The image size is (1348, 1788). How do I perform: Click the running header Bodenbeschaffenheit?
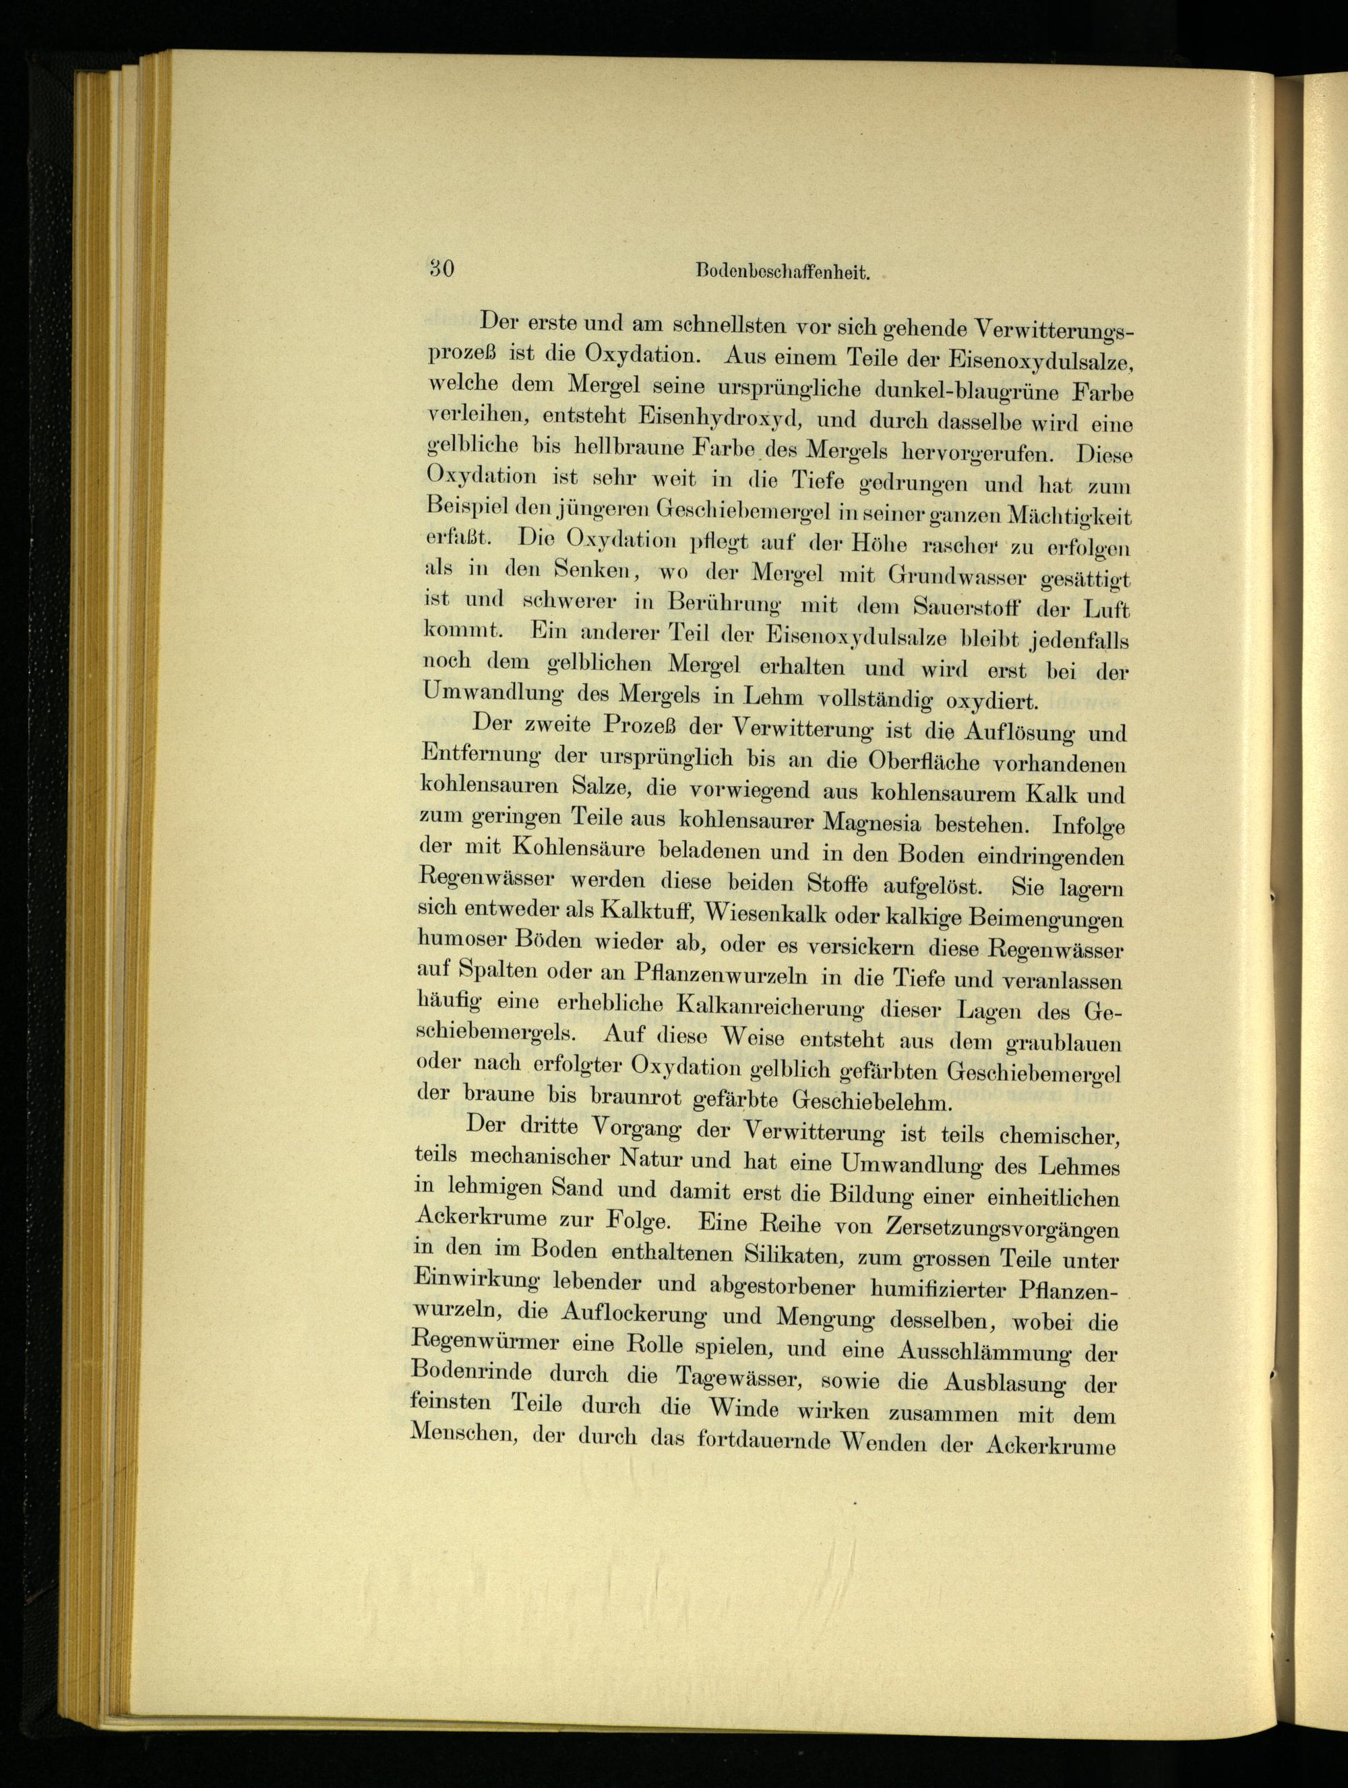tap(781, 272)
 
